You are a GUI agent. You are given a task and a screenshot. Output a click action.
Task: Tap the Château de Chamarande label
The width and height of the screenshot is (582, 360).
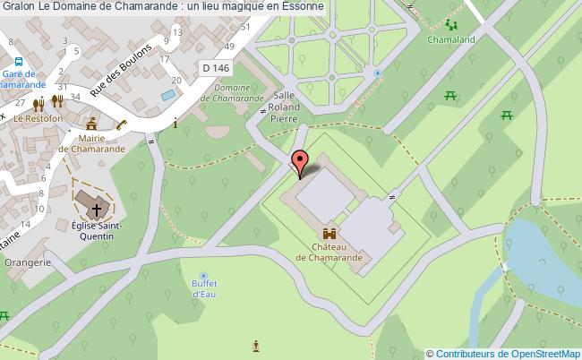(330, 251)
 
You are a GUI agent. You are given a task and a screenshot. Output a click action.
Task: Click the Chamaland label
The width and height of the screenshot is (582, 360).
(451, 41)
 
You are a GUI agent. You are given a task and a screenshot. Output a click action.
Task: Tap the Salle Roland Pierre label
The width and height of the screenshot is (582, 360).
(284, 105)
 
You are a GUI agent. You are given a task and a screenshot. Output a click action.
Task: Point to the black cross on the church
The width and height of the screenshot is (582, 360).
(93, 210)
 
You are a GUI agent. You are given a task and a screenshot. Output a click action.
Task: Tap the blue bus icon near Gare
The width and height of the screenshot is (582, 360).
(17, 61)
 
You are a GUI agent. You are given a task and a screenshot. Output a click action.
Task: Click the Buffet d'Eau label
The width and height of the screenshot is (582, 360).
(205, 288)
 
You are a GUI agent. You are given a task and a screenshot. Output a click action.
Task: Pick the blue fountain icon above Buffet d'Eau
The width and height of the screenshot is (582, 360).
(205, 275)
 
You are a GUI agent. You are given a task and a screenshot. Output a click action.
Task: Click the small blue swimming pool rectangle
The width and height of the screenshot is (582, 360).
(167, 93)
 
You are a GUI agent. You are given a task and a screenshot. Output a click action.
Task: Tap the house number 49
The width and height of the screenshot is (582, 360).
(231, 46)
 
